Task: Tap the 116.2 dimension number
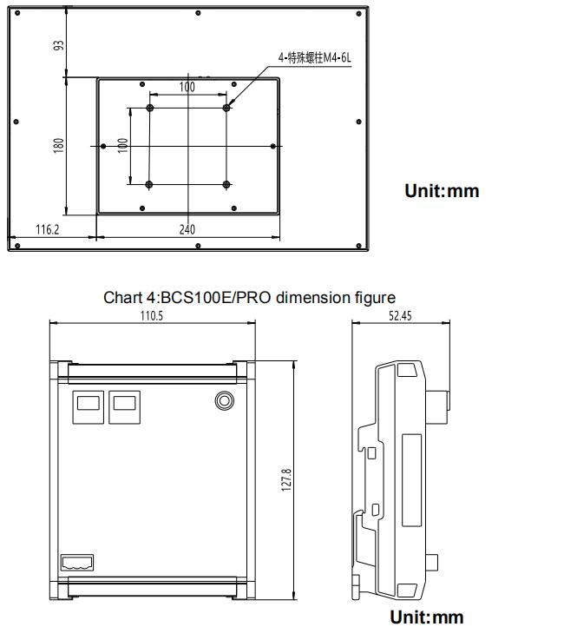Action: coord(46,229)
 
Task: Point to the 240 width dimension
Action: coord(187,229)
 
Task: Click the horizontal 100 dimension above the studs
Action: coord(187,87)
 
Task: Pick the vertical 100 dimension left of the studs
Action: coord(123,145)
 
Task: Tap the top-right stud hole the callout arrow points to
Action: coord(227,108)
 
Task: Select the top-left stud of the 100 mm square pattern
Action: coord(150,108)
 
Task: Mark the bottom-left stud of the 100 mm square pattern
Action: coord(150,184)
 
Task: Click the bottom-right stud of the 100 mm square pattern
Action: coord(227,184)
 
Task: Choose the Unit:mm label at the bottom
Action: coord(426,617)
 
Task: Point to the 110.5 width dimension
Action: coord(152,316)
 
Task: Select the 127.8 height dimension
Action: coord(288,479)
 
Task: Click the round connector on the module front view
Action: coord(224,399)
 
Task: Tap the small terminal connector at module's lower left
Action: coord(77,563)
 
